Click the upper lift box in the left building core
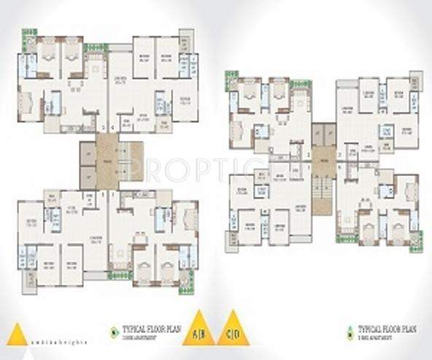point(88,154)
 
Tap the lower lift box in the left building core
point(88,175)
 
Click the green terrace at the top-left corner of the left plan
point(28,34)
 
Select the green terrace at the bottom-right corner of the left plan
point(186,280)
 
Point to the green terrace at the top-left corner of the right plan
point(231,76)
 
